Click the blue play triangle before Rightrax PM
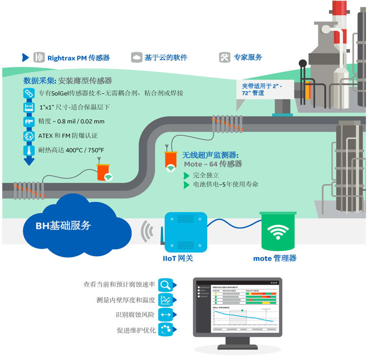[x=25, y=57]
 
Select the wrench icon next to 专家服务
[x=225, y=57]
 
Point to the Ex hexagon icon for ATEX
[x=29, y=136]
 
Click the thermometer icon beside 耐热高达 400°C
[x=29, y=150]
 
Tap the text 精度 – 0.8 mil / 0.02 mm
[x=71, y=122]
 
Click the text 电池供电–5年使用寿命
[x=226, y=184]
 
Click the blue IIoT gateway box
[x=186, y=232]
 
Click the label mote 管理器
[x=275, y=258]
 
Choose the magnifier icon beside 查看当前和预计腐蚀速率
[x=166, y=285]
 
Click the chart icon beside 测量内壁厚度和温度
[x=166, y=300]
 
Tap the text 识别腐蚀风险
[x=135, y=315]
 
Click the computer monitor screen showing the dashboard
[x=237, y=306]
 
